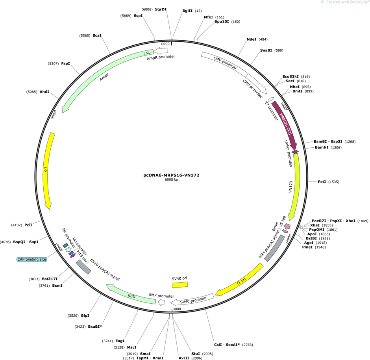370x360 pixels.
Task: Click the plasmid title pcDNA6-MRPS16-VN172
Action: coord(171,175)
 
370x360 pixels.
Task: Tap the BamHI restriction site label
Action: coord(322,148)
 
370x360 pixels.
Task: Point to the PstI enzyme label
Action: coord(322,182)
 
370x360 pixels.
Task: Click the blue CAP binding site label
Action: coord(31,259)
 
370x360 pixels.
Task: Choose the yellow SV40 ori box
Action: coord(180,285)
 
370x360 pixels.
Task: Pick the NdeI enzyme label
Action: coord(251,39)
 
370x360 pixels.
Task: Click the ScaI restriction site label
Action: coord(97,35)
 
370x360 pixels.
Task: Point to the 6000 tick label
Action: coord(165,44)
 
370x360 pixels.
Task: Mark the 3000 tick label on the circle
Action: coord(177,309)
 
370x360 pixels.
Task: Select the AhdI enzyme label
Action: coord(44,92)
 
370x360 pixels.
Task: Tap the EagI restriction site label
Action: coord(120,341)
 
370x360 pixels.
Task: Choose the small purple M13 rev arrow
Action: coord(73,256)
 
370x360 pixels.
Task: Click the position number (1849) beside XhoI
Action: coord(363,221)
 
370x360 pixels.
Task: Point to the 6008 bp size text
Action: coord(171,180)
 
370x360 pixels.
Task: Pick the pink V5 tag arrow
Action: coord(287,226)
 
